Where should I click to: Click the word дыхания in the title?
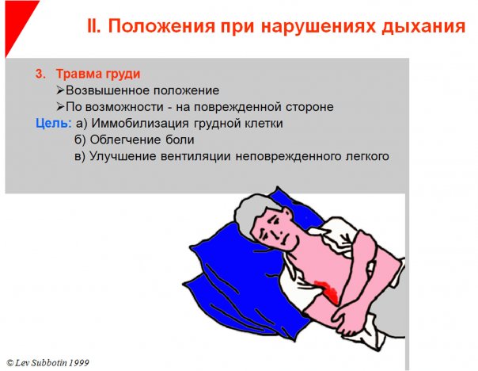(x=423, y=26)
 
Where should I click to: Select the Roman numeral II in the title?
(x=94, y=25)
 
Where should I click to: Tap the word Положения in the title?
(x=161, y=26)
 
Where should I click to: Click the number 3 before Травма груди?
(x=40, y=74)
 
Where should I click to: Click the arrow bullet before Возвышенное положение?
(x=60, y=90)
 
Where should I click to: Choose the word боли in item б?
(x=180, y=140)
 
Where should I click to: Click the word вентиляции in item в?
(x=195, y=156)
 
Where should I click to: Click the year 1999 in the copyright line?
(x=79, y=363)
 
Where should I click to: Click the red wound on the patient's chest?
(x=327, y=290)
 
